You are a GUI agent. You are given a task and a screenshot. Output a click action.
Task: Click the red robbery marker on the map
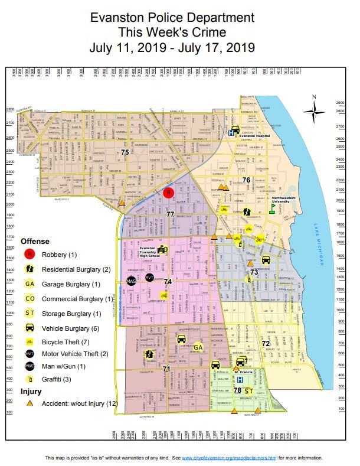pos(168,193)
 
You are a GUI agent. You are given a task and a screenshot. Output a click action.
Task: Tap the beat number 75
pos(125,153)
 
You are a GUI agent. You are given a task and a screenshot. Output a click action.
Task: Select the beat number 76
pos(246,180)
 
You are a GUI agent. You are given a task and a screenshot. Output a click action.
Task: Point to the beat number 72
pos(266,343)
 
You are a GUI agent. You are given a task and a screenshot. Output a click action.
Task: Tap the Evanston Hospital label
pos(254,135)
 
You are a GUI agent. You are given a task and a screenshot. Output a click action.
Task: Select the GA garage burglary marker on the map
pos(198,347)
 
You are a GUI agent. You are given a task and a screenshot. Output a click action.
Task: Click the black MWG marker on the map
pos(131,281)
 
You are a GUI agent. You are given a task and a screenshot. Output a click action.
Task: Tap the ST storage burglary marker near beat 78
pos(248,390)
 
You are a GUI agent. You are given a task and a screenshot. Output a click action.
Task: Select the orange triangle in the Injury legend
pos(29,403)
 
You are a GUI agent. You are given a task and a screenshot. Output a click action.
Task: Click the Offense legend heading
pos(35,241)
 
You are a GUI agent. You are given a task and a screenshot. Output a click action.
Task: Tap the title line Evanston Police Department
pos(172,19)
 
